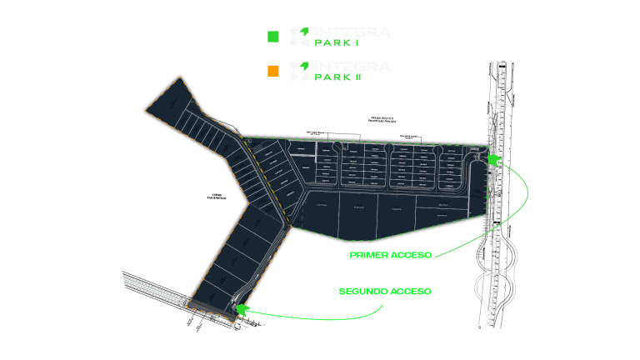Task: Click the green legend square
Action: click(x=273, y=37)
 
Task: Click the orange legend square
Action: click(x=273, y=72)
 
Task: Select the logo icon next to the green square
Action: click(x=299, y=37)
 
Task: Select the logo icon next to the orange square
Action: click(x=299, y=71)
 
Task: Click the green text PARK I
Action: click(x=337, y=43)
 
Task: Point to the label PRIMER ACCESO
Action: click(x=390, y=254)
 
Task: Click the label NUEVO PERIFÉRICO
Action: click(x=390, y=262)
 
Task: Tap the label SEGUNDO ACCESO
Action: click(x=385, y=290)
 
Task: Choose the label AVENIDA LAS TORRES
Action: click(x=385, y=298)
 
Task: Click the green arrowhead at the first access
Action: click(x=492, y=159)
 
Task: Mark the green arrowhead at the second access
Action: click(x=242, y=309)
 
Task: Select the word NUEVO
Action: click(x=362, y=262)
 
